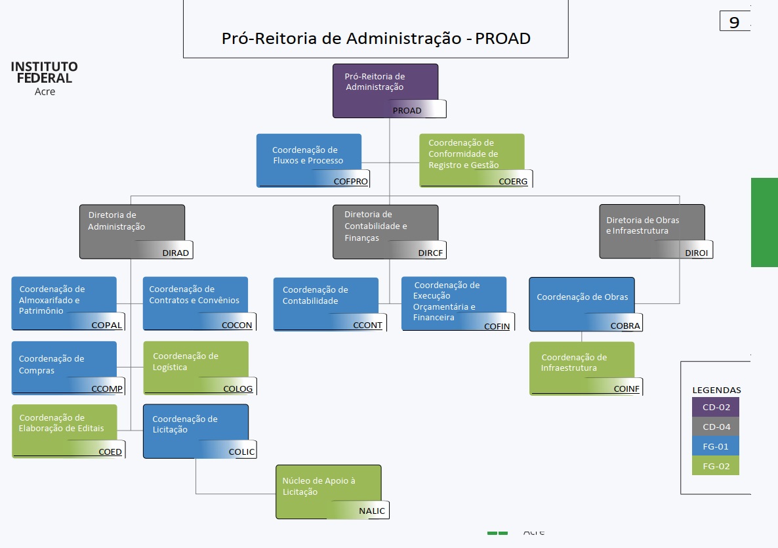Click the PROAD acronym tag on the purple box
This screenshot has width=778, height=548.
[407, 110]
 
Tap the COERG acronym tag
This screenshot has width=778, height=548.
[513, 181]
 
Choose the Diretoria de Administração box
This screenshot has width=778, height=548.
[132, 226]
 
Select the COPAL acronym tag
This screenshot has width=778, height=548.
[106, 325]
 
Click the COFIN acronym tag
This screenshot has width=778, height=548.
[497, 326]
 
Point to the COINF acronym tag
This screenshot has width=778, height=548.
[626, 389]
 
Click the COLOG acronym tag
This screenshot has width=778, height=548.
[237, 389]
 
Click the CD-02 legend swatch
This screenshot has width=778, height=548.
[715, 407]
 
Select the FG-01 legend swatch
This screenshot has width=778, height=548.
[715, 446]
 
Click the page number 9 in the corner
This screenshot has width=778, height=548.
[734, 22]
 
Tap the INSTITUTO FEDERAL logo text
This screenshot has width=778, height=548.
[45, 73]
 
